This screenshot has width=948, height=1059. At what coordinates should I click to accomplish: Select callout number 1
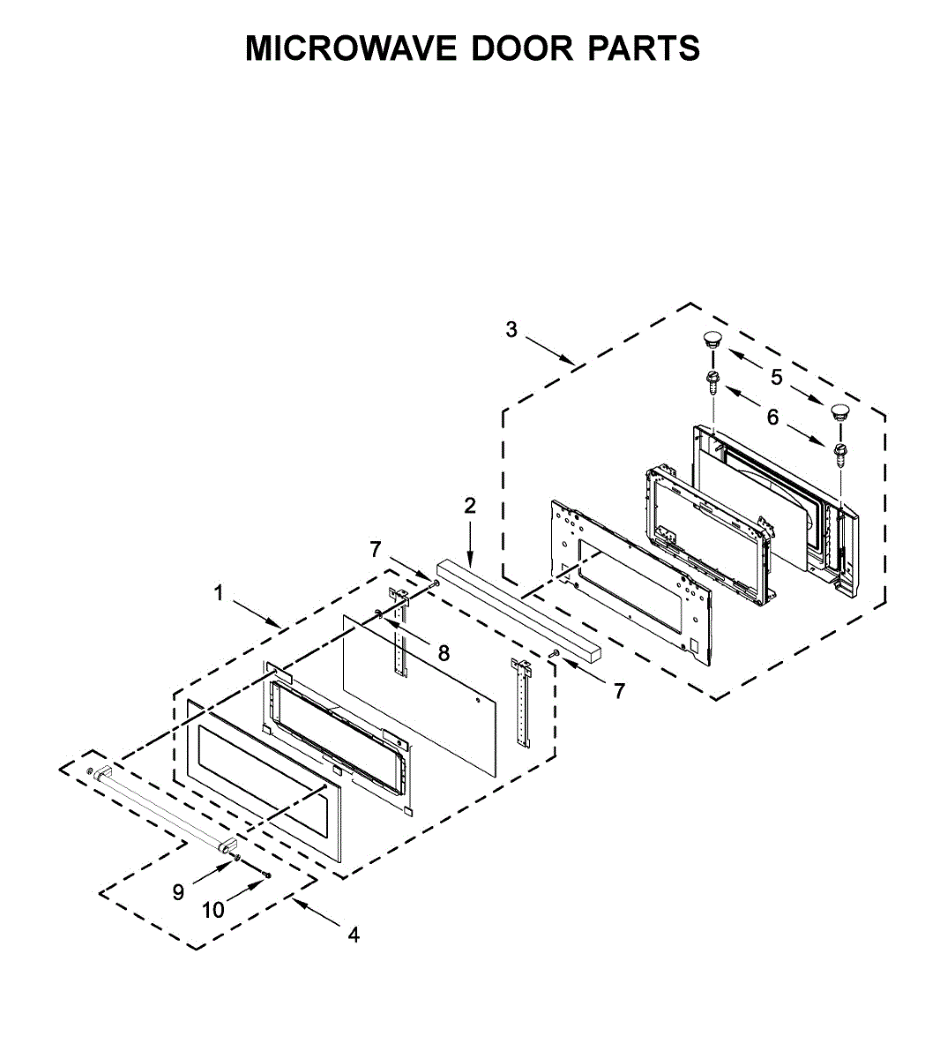tap(219, 593)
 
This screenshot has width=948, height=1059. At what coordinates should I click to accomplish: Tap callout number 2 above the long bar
tap(470, 506)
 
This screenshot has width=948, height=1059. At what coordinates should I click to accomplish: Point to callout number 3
tap(511, 330)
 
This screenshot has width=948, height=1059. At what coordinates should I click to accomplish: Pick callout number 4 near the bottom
tap(354, 935)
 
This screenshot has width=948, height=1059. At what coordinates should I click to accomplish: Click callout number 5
tap(776, 377)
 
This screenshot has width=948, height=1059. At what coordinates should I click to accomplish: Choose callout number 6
tap(773, 417)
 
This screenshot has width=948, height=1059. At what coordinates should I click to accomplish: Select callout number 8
tap(444, 653)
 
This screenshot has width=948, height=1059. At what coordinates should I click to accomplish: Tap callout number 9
tap(178, 892)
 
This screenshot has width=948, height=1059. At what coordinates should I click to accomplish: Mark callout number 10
tap(213, 910)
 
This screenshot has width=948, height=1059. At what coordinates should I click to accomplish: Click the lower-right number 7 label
tap(619, 692)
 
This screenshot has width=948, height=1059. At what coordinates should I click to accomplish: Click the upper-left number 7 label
tap(376, 550)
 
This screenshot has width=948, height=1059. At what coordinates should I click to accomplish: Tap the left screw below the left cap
tap(711, 382)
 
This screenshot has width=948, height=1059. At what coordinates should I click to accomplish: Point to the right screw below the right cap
tap(840, 454)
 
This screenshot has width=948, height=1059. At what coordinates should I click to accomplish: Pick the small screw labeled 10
tap(266, 874)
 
